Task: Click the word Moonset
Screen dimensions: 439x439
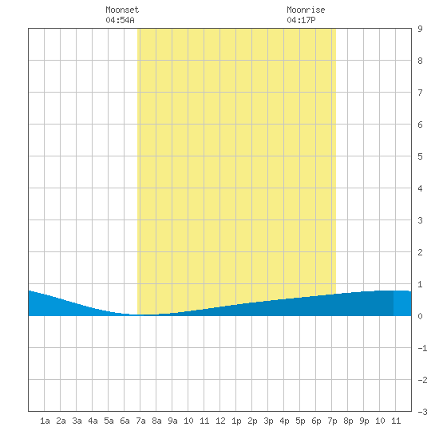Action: [122, 10]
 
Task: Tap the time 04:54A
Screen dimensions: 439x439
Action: [120, 20]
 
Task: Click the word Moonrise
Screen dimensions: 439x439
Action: [306, 10]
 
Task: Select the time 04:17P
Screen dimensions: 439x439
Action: [301, 20]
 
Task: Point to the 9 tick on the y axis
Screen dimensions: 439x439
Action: [420, 29]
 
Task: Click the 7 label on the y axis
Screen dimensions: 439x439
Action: [420, 93]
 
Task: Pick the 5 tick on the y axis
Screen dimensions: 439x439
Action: [420, 156]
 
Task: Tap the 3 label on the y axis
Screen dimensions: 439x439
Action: [420, 220]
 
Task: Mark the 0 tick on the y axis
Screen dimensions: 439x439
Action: [420, 316]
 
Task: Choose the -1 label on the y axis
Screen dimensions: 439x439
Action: [422, 348]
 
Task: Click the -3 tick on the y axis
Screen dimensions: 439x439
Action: [422, 412]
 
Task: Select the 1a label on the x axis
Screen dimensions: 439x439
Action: [45, 421]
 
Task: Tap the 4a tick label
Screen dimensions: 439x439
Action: [93, 421]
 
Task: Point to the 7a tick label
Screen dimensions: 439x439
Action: [140, 421]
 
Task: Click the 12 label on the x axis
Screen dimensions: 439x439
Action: [220, 421]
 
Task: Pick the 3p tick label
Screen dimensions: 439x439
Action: [268, 421]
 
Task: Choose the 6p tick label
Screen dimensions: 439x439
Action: [316, 421]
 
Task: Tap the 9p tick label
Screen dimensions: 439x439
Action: [364, 421]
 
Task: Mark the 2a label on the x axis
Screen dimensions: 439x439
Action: [61, 421]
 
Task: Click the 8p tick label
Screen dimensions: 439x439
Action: [348, 421]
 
